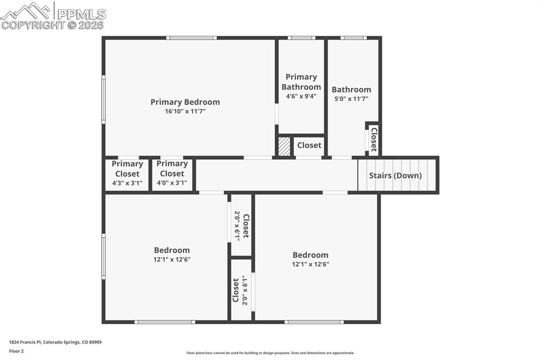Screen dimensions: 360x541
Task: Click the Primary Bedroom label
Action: click(185, 102)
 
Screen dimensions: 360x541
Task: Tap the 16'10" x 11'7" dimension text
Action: click(185, 111)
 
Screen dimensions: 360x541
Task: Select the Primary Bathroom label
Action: click(301, 82)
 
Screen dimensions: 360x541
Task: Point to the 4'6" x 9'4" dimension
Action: click(301, 96)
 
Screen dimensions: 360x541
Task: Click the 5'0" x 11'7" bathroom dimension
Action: click(351, 98)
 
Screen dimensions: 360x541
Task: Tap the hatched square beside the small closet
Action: click(284, 146)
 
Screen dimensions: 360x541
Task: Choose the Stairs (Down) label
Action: click(395, 175)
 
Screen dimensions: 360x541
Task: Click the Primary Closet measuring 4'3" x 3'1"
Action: click(127, 174)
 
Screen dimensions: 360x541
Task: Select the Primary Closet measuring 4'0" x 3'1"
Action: click(172, 174)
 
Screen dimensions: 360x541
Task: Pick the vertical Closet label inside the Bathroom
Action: click(374, 139)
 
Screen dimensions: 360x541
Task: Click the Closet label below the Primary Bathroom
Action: click(309, 145)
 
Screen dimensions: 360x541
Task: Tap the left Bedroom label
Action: click(172, 250)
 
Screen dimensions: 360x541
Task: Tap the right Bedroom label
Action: click(311, 255)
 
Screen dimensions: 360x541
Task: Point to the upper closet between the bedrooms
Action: click(241, 225)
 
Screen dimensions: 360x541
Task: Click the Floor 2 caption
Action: click(16, 350)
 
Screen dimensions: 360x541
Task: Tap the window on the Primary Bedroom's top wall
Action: click(191, 37)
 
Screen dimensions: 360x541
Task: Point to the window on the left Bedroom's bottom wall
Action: click(164, 321)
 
